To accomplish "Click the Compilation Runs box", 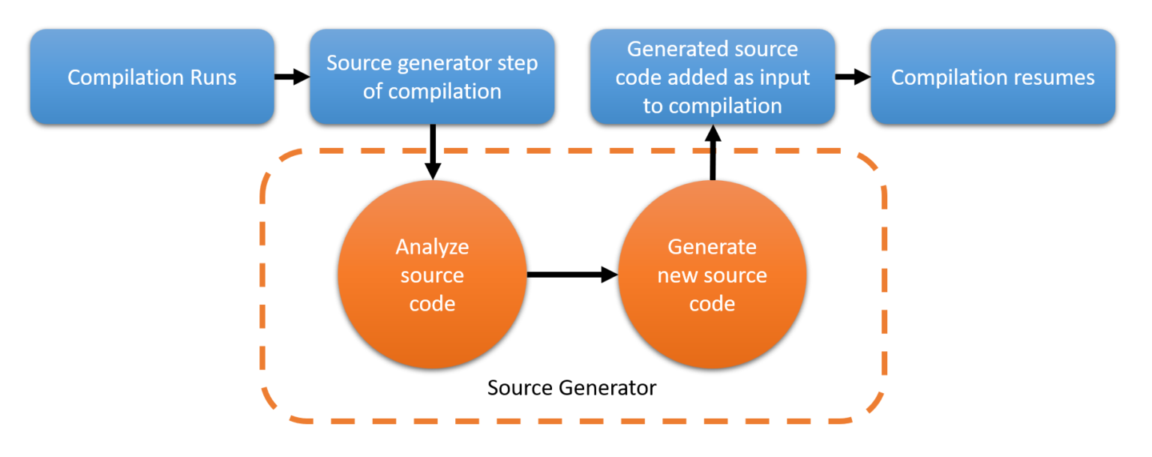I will point(151,77).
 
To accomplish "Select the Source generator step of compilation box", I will point(432,77).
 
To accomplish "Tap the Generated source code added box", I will point(712,77).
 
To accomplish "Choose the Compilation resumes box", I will point(992,77).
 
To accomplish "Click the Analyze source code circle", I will point(432,275).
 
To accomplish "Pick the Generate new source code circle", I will point(712,275).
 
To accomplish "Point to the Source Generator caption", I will point(571,388).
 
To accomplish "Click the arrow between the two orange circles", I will point(571,275).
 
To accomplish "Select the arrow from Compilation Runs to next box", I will point(292,77).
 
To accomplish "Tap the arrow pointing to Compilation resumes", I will point(853,77).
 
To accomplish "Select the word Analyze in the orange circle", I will point(432,247).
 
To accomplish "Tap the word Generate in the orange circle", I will point(712,247).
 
